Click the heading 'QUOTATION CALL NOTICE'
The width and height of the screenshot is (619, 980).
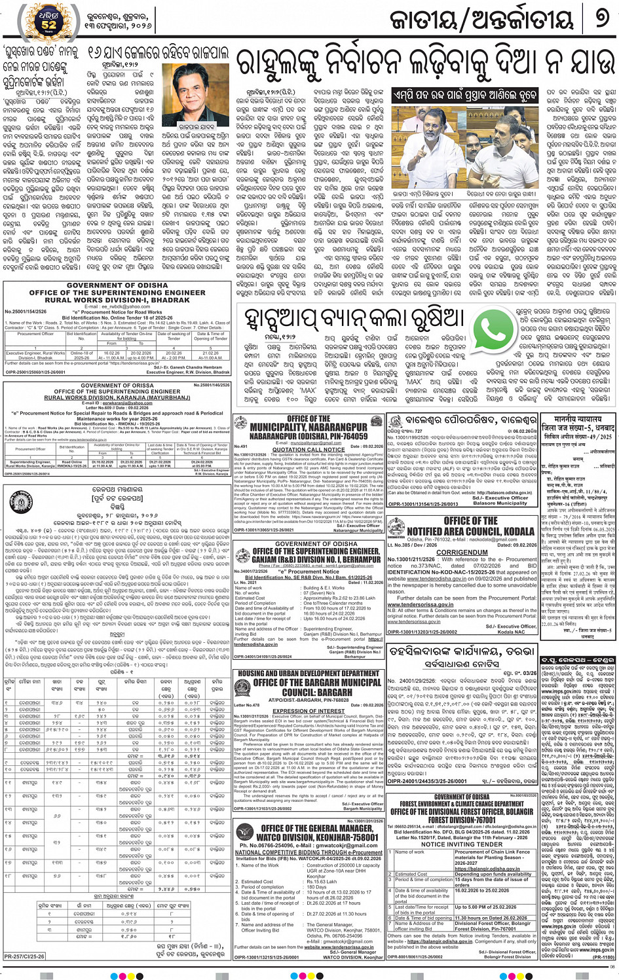[308, 450]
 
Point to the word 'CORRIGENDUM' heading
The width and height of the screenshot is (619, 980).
[462, 552]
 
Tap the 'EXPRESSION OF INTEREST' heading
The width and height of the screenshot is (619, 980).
[309, 711]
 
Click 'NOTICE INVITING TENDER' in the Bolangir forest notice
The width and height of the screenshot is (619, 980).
[462, 844]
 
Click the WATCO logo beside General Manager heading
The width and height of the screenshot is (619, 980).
[245, 833]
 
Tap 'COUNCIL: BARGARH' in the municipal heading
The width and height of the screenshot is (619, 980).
[309, 692]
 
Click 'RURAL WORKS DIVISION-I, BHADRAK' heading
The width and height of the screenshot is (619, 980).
[117, 300]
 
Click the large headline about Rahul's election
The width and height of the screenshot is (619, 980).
[426, 64]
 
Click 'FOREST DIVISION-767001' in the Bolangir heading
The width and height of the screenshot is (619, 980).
[462, 820]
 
